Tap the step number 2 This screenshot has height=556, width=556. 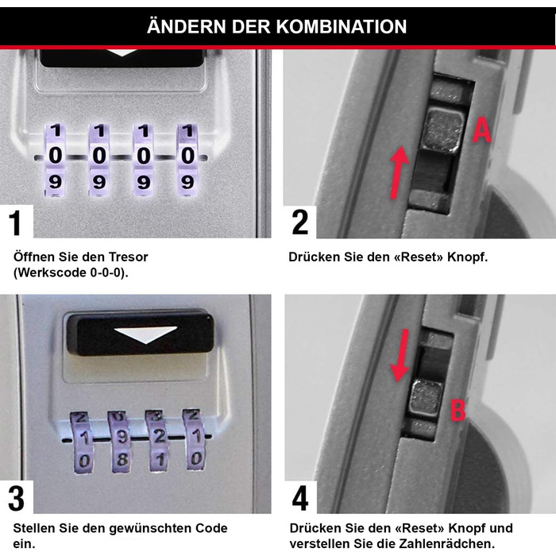(x=299, y=222)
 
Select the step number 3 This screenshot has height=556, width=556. (x=16, y=499)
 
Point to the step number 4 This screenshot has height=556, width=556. (x=300, y=499)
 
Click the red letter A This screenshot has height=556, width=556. (x=481, y=130)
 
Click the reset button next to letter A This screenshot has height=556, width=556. (x=439, y=129)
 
